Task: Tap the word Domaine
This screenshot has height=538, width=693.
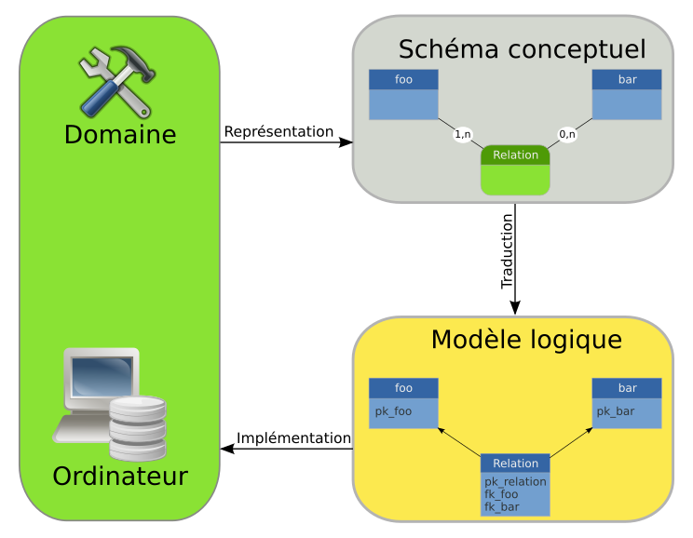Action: click(x=119, y=135)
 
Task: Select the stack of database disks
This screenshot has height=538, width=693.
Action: click(x=137, y=427)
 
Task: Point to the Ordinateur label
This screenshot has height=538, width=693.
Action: click(x=119, y=477)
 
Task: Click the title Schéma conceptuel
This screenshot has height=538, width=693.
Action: click(x=522, y=49)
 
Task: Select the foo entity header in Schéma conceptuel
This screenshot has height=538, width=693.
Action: click(x=403, y=80)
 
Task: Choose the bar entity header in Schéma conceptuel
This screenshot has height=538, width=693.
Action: click(x=627, y=80)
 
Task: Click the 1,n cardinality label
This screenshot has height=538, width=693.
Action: click(x=463, y=135)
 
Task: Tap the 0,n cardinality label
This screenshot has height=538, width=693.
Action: click(x=567, y=135)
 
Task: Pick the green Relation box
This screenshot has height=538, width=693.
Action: click(x=515, y=170)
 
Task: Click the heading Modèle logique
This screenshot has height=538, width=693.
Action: click(x=525, y=340)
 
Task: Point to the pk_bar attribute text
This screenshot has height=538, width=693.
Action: click(x=616, y=410)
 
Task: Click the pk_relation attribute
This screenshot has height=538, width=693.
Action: click(x=515, y=481)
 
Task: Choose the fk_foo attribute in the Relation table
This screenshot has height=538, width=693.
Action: click(x=501, y=494)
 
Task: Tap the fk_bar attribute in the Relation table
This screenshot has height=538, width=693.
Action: click(x=501, y=506)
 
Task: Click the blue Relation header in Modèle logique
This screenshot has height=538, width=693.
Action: click(x=515, y=464)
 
